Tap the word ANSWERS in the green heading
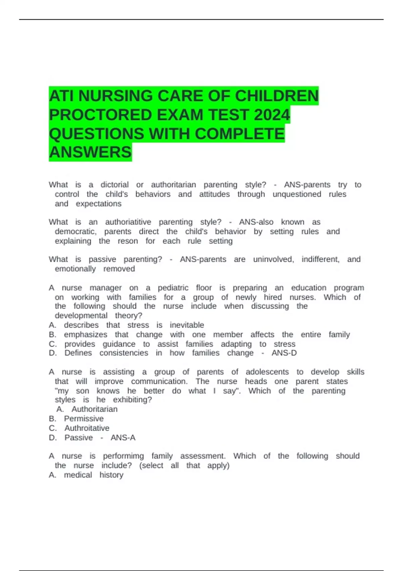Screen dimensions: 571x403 pos(90,152)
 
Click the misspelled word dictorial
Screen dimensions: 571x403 pos(115,185)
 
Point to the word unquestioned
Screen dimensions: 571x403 pos(297,194)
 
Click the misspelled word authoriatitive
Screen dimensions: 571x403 pos(128,222)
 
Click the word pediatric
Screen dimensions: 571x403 pos(173,288)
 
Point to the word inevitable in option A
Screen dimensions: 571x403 pos(187,325)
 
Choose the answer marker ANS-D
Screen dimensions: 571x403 pos(284,353)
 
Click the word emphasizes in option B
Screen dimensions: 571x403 pos(86,335)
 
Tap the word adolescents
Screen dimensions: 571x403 pos(267,372)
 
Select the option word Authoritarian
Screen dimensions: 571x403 pos(94,409)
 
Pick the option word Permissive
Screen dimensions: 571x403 pos(84,419)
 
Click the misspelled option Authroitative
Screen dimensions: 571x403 pos(87,428)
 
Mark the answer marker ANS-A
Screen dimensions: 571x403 pos(123,438)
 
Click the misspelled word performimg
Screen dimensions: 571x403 pos(123,456)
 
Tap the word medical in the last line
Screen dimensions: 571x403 pos(78,475)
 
